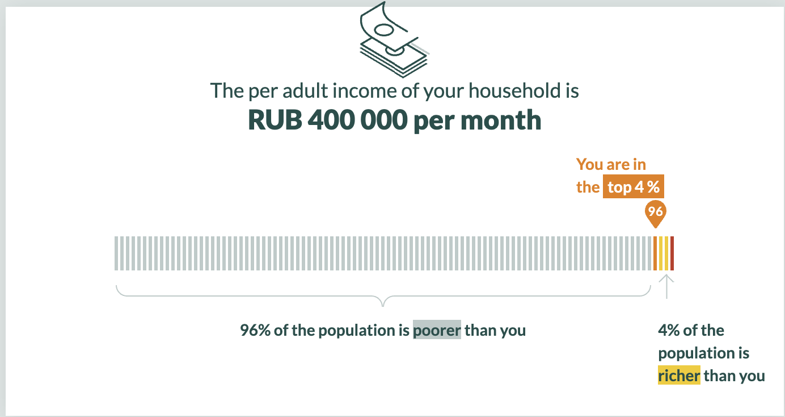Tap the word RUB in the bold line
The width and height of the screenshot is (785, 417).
click(275, 120)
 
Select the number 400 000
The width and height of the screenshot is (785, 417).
click(357, 120)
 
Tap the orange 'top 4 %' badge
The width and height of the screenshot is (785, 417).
click(633, 186)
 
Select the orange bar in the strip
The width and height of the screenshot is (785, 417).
click(655, 253)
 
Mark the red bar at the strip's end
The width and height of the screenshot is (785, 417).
click(672, 253)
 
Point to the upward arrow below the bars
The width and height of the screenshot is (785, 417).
click(666, 286)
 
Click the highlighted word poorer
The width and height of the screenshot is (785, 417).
click(437, 330)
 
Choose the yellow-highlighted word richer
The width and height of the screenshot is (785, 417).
click(679, 376)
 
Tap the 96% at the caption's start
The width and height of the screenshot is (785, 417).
click(255, 330)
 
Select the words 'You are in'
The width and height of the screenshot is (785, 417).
click(611, 164)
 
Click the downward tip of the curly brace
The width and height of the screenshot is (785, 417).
click(383, 306)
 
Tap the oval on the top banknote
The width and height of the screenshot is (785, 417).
click(385, 30)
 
